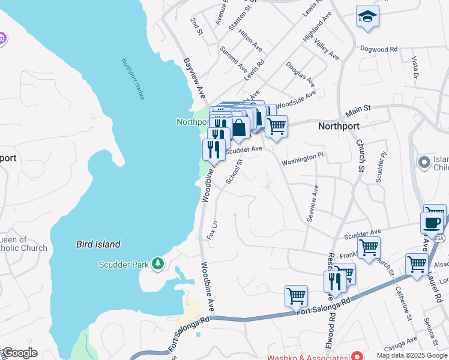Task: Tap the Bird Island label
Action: tap(98, 244)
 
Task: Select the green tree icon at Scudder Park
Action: tap(158, 264)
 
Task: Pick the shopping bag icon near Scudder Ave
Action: tap(239, 128)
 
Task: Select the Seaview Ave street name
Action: tap(312, 203)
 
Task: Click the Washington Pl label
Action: tap(303, 158)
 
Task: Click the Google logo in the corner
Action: tap(19, 353)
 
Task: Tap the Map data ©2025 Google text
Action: tap(411, 356)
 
